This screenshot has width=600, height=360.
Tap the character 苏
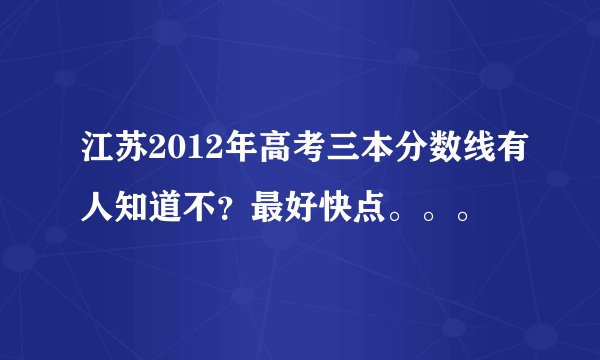coord(133,157)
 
